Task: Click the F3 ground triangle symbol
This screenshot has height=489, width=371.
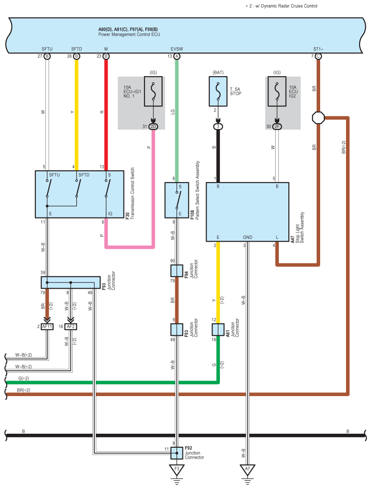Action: pos(177,470)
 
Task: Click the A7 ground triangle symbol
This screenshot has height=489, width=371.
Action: pos(247,470)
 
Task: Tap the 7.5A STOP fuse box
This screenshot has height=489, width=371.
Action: pos(218,92)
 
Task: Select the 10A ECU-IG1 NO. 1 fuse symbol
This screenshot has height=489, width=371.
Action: pos(153,92)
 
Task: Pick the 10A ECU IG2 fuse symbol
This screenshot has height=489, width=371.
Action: pos(277,92)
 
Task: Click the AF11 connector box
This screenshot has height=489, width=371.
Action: pos(47,326)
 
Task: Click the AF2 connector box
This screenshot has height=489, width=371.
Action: pos(71,326)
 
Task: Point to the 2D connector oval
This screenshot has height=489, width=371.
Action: pos(153,126)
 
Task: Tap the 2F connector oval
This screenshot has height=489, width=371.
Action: pos(277,126)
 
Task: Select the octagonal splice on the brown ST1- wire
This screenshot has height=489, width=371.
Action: pos(318,118)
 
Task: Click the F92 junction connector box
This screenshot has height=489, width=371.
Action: pos(177,453)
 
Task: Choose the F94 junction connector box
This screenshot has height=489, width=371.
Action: pos(177,271)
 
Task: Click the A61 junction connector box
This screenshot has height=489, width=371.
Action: pos(218,329)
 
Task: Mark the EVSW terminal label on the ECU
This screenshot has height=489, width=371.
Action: pos(177,49)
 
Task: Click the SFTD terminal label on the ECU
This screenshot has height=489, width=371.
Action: pos(77,49)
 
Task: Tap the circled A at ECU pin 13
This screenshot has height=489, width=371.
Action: pos(177,57)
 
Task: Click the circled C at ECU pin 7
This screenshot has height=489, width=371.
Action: pos(318,57)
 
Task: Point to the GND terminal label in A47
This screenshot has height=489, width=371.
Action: pos(247,237)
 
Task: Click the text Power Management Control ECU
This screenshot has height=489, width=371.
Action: pos(129,34)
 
